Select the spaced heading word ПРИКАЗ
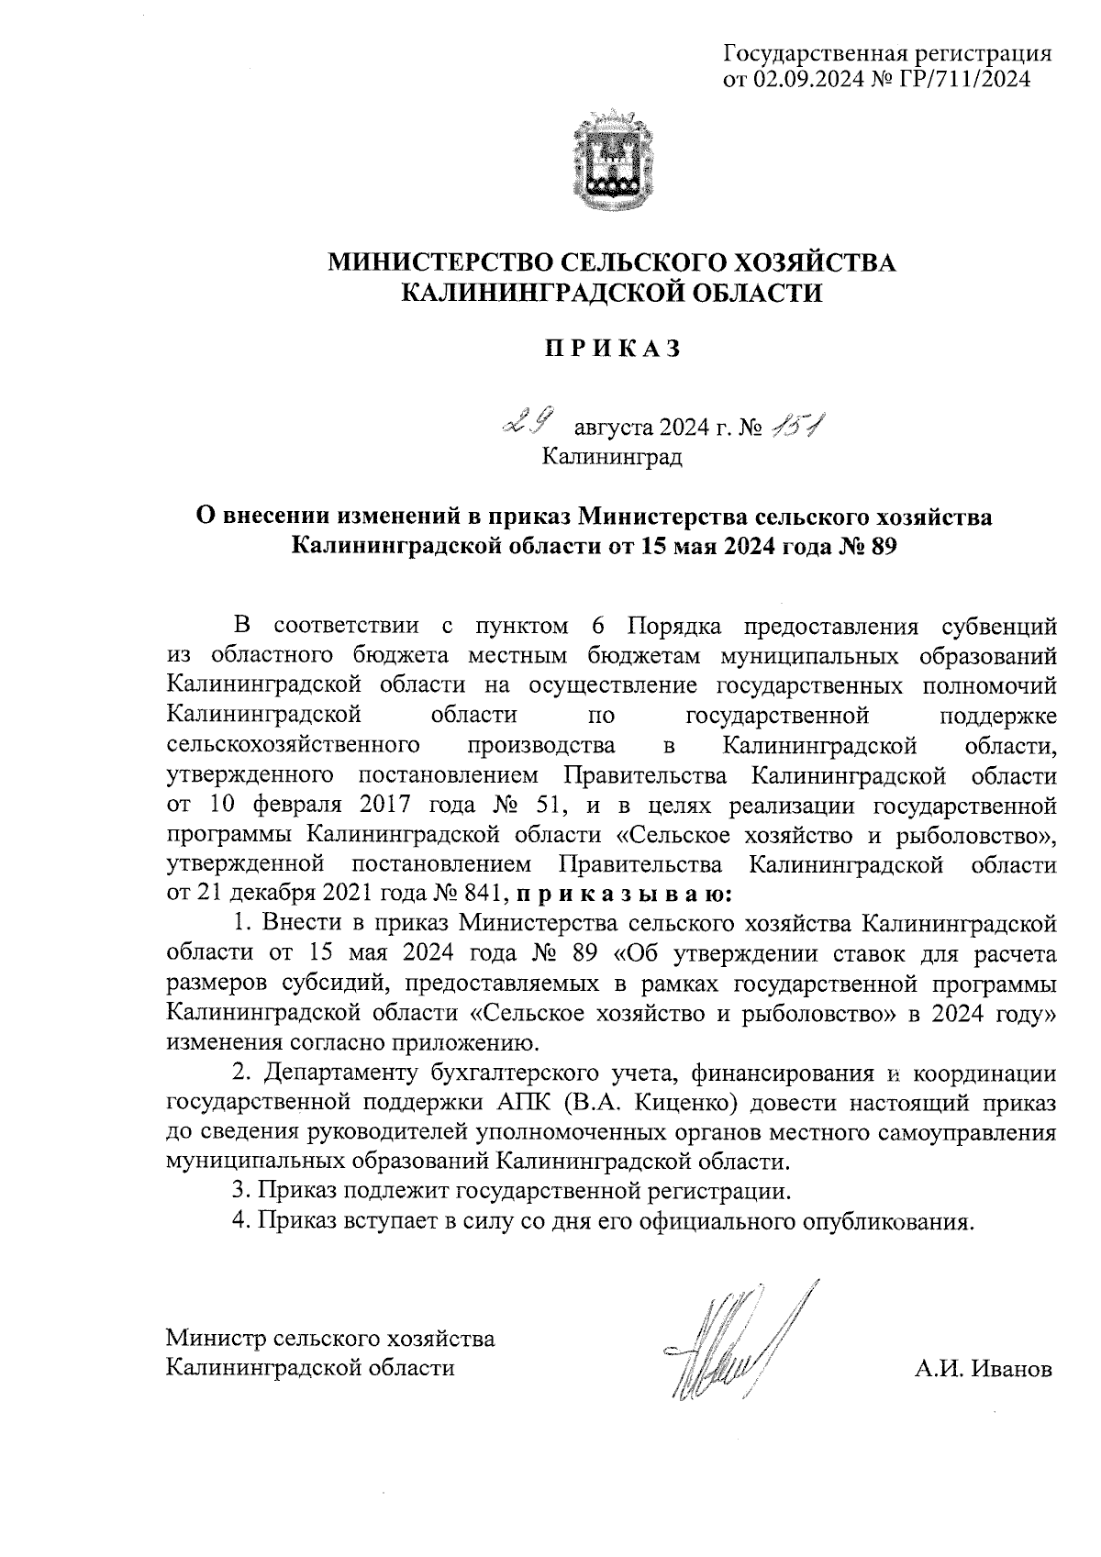tap(612, 349)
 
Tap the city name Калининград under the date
tap(612, 455)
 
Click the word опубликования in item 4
tap(885, 1221)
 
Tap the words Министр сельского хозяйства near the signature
tap(330, 1338)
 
